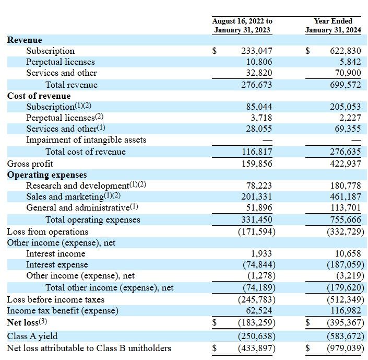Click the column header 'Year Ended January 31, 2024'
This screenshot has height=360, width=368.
(x=333, y=25)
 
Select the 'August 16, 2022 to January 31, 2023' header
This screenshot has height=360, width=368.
(x=242, y=25)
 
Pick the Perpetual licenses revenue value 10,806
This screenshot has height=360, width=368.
(x=259, y=62)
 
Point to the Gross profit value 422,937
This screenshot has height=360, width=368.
(x=345, y=164)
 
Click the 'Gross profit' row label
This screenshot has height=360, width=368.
(x=30, y=164)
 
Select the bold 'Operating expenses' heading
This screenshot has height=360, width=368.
(x=47, y=175)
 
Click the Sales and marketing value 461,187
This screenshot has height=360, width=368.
(x=345, y=196)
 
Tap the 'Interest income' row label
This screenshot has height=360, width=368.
(x=56, y=254)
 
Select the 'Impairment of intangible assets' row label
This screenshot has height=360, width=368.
(x=86, y=140)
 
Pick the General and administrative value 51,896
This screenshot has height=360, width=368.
(x=259, y=207)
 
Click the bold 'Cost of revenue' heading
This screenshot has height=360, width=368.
(x=39, y=96)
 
